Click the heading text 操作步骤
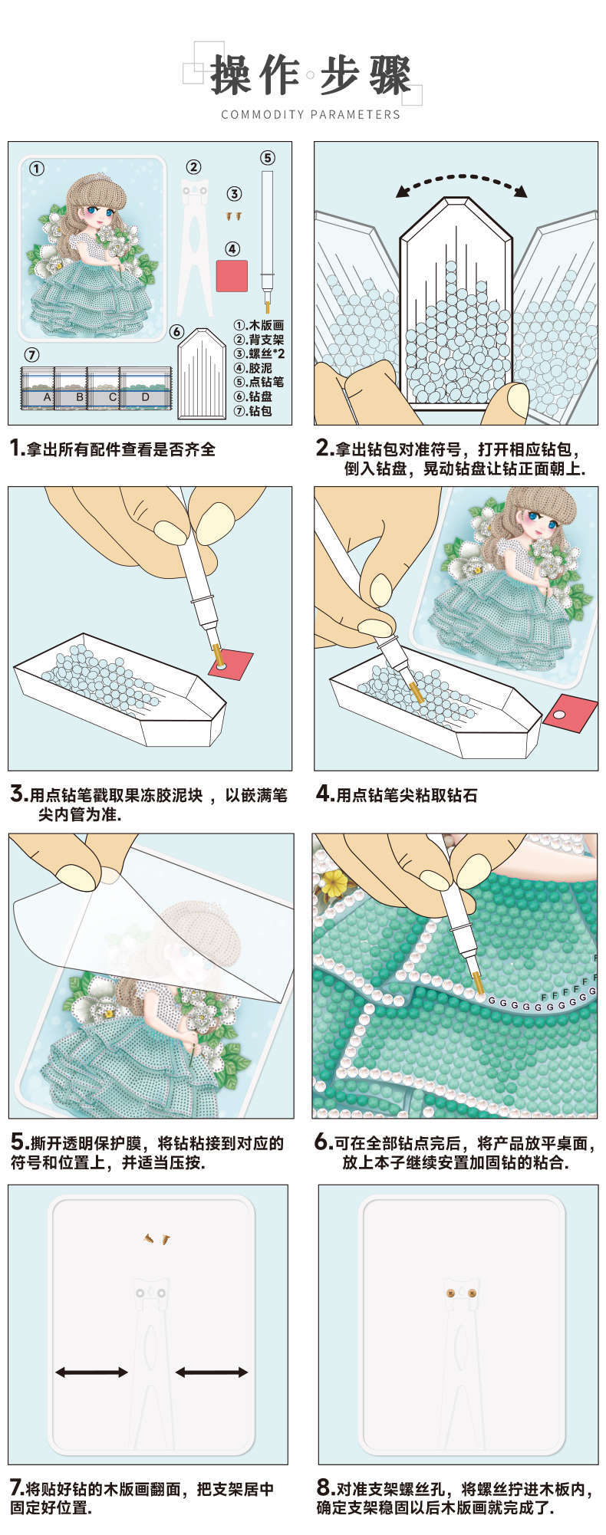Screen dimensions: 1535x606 (310, 75)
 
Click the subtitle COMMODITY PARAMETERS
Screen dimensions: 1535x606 (310, 115)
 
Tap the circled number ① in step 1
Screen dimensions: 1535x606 (37, 169)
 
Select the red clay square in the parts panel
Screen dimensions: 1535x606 (232, 275)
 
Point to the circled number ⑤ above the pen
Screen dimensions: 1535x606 (267, 157)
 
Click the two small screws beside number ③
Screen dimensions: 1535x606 (234, 217)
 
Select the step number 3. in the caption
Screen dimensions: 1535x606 (18, 794)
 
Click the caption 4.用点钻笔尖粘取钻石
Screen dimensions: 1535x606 (397, 794)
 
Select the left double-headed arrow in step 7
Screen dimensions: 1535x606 (91, 1372)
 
